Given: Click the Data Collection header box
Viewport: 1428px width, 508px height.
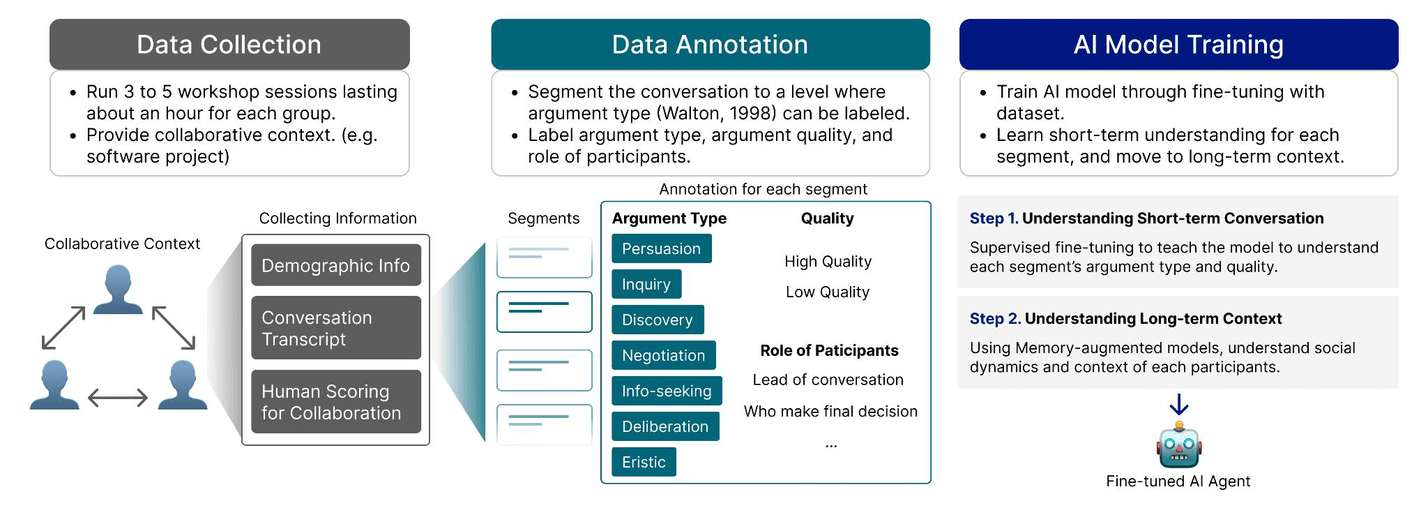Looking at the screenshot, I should pyautogui.click(x=229, y=45).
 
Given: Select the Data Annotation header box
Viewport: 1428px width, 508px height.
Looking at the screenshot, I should pyautogui.click(x=710, y=45).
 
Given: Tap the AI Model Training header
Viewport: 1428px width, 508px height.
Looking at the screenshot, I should pyautogui.click(x=1178, y=45).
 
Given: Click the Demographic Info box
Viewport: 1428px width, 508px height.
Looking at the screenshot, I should pyautogui.click(x=335, y=265).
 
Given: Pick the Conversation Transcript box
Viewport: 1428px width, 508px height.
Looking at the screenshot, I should pyautogui.click(x=335, y=328).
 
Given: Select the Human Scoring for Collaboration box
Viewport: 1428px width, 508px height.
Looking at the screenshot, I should pyautogui.click(x=335, y=402).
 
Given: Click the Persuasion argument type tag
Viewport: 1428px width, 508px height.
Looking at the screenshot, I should pyautogui.click(x=661, y=248).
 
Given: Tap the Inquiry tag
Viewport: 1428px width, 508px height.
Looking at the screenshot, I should pyautogui.click(x=646, y=284).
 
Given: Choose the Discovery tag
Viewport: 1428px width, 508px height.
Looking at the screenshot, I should pyautogui.click(x=657, y=320).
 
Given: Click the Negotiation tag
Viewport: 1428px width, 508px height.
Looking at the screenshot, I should pyautogui.click(x=663, y=355).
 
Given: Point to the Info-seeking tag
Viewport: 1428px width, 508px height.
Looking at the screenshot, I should pyautogui.click(x=666, y=391).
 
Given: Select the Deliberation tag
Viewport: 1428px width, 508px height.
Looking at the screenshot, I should pyautogui.click(x=664, y=426).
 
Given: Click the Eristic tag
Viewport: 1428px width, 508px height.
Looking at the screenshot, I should pyautogui.click(x=643, y=462).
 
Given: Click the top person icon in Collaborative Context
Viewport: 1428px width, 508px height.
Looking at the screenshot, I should pyautogui.click(x=118, y=289).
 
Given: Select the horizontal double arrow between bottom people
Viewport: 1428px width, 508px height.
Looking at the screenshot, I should pyautogui.click(x=118, y=398).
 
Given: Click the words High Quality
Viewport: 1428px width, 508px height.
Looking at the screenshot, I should pyautogui.click(x=828, y=261).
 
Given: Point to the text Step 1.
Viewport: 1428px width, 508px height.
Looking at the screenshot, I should pyautogui.click(x=994, y=218).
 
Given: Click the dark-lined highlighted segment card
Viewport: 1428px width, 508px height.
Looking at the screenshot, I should pyautogui.click(x=544, y=311).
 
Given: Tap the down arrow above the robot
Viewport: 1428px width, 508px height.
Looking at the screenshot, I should pyautogui.click(x=1178, y=405).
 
